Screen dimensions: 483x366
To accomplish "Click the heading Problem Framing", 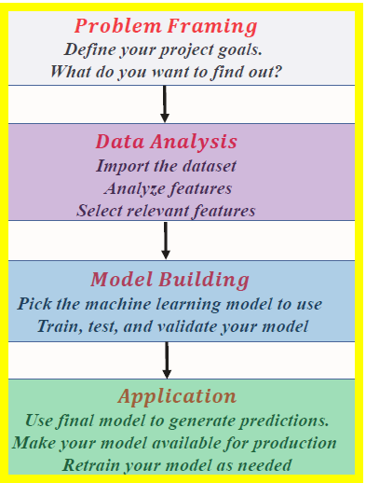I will click(166, 26).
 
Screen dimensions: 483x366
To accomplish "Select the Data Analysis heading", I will click(166, 143).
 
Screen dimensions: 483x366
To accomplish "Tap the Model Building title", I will click(169, 280).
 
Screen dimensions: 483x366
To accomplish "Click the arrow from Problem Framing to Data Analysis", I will click(165, 103).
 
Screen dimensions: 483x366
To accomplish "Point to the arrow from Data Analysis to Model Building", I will click(166, 240).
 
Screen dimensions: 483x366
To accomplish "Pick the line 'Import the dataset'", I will click(166, 167).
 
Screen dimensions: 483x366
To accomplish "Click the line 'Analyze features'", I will click(168, 189).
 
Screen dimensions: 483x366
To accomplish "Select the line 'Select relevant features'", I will click(166, 211).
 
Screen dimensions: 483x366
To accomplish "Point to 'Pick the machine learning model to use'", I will click(169, 304).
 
